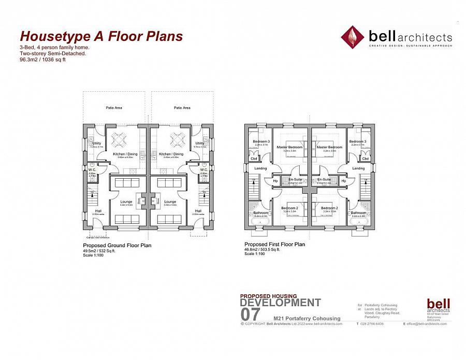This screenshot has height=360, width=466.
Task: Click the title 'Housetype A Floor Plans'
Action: [101, 36]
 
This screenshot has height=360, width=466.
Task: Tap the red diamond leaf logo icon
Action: [352, 36]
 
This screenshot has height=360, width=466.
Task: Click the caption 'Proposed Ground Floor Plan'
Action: [117, 246]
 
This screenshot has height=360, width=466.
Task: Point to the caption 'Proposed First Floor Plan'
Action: [274, 244]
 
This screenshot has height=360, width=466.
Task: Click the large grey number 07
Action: [251, 314]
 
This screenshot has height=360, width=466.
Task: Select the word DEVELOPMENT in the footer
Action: [281, 303]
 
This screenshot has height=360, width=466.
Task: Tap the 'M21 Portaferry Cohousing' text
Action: [307, 318]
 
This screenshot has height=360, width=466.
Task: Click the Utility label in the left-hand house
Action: [96, 143]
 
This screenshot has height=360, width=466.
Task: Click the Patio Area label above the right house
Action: [182, 108]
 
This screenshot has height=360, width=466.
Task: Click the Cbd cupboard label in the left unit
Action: [254, 159]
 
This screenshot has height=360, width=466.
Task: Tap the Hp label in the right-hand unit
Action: [343, 181]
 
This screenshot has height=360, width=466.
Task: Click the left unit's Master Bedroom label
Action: [289, 147]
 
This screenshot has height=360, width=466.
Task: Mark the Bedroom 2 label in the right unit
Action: [329, 208]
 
